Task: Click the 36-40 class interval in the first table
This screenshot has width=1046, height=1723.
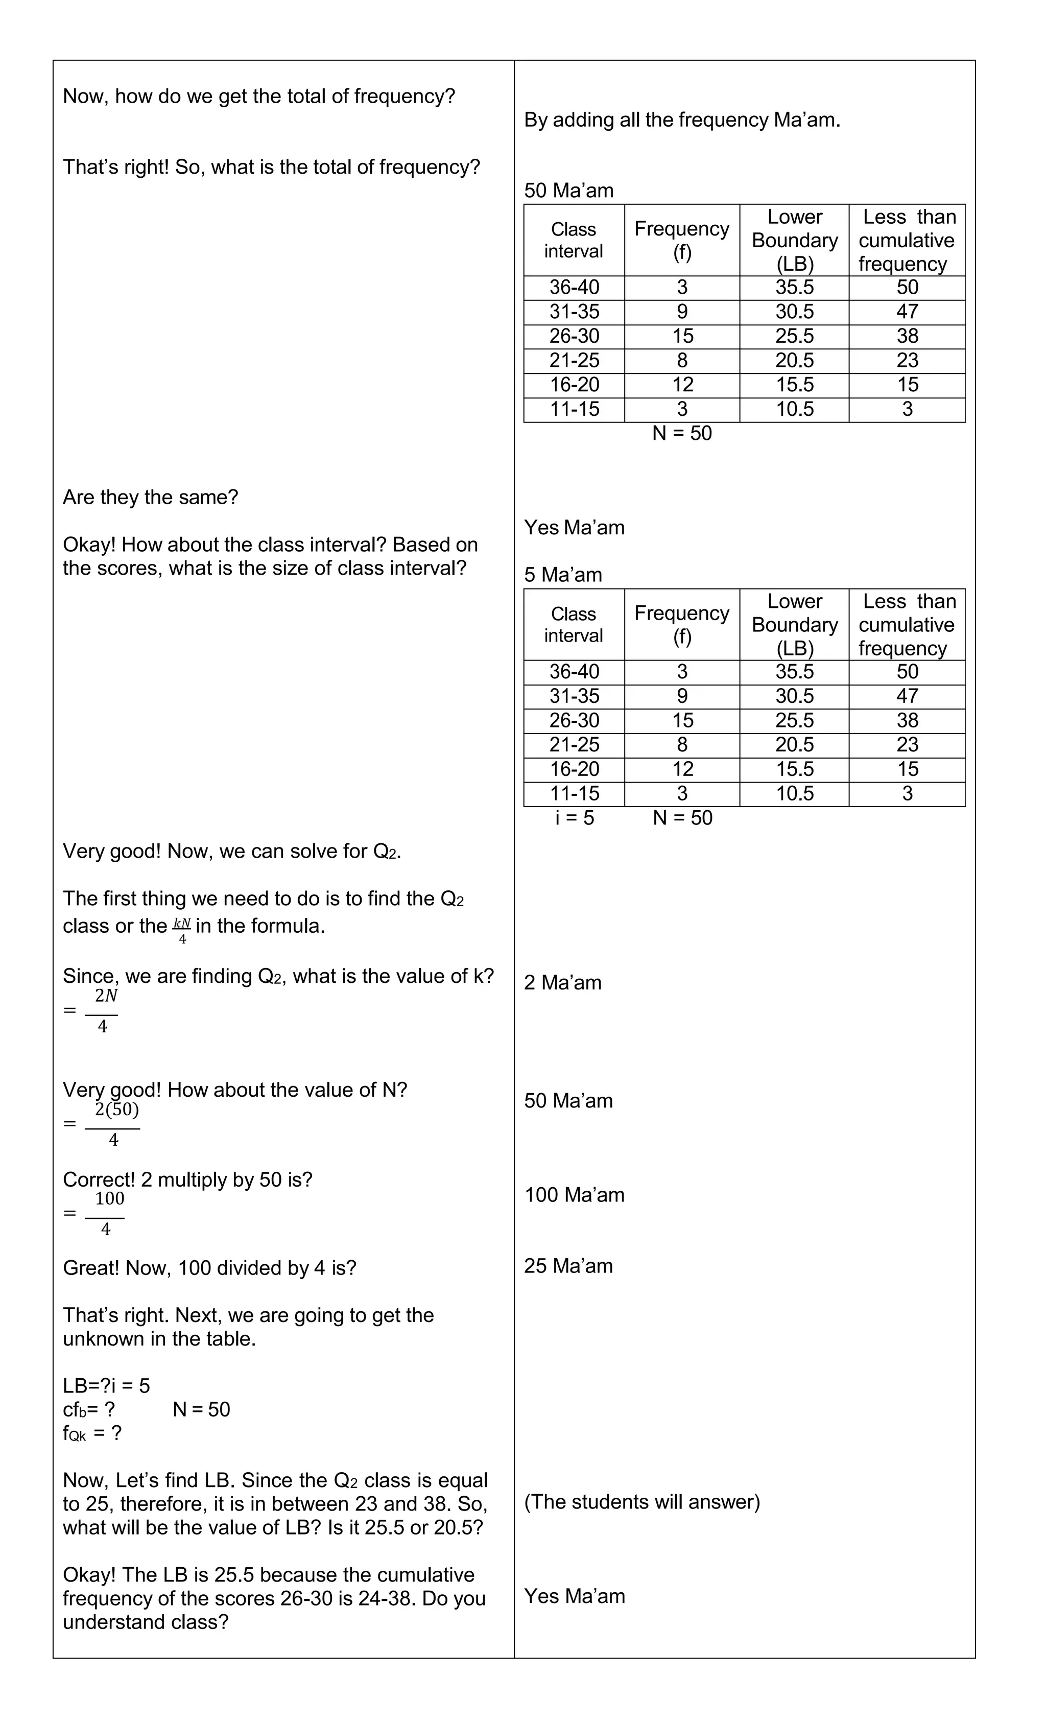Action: [x=574, y=288]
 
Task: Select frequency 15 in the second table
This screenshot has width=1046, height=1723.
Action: [x=682, y=720]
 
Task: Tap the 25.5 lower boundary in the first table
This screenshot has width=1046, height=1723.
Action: [x=794, y=336]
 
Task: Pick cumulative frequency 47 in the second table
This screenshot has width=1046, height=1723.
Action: [x=907, y=696]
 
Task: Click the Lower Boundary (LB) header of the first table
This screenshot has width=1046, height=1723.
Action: [x=794, y=240]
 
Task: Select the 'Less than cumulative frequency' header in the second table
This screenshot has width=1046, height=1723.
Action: [x=907, y=624]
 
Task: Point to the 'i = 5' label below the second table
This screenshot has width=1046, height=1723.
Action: [x=574, y=817]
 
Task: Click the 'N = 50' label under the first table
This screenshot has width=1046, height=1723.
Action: [x=682, y=434]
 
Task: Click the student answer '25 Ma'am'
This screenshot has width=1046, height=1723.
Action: [x=568, y=1266]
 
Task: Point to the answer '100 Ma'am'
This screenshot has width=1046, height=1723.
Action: [x=574, y=1194]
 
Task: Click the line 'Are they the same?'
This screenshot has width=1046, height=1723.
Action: [x=150, y=497]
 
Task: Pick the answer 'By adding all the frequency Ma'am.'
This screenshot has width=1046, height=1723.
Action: [x=682, y=120]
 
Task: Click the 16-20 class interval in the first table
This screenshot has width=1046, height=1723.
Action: [x=574, y=385]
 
